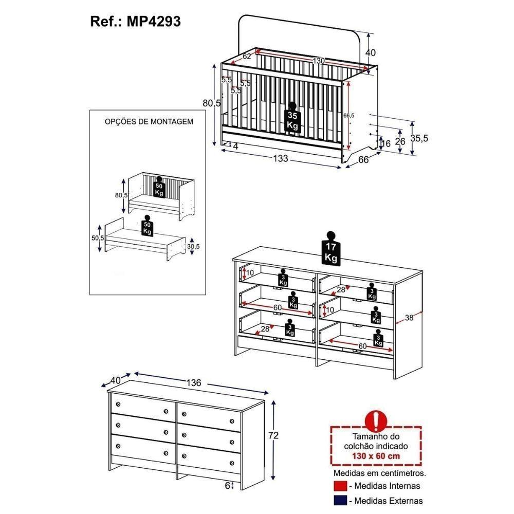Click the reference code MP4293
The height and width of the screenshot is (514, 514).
[x=153, y=22]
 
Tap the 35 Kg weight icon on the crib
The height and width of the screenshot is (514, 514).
[x=292, y=117]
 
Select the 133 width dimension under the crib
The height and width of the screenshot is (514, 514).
[x=281, y=158]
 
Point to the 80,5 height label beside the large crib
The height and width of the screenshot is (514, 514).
[x=212, y=103]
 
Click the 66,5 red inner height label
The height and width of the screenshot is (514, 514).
[x=349, y=115]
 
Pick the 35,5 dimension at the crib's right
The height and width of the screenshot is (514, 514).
[x=419, y=138]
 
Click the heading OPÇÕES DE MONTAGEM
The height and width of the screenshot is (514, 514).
[x=149, y=122]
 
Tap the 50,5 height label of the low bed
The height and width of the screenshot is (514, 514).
[x=98, y=238]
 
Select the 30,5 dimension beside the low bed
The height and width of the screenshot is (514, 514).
[x=193, y=246]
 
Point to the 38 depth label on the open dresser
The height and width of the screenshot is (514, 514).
[x=409, y=317]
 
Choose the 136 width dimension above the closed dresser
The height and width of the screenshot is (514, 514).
[x=194, y=382]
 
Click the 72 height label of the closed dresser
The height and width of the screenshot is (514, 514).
[x=273, y=435]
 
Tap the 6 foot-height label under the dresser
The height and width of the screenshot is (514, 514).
[x=228, y=486]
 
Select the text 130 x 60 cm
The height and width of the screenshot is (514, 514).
[x=376, y=455]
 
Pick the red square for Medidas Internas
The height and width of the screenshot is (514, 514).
[x=340, y=486]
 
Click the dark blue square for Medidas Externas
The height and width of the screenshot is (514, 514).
[x=340, y=501]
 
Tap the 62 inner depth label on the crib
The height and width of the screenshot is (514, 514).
[x=247, y=56]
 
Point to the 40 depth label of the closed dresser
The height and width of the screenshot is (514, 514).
[x=115, y=380]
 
